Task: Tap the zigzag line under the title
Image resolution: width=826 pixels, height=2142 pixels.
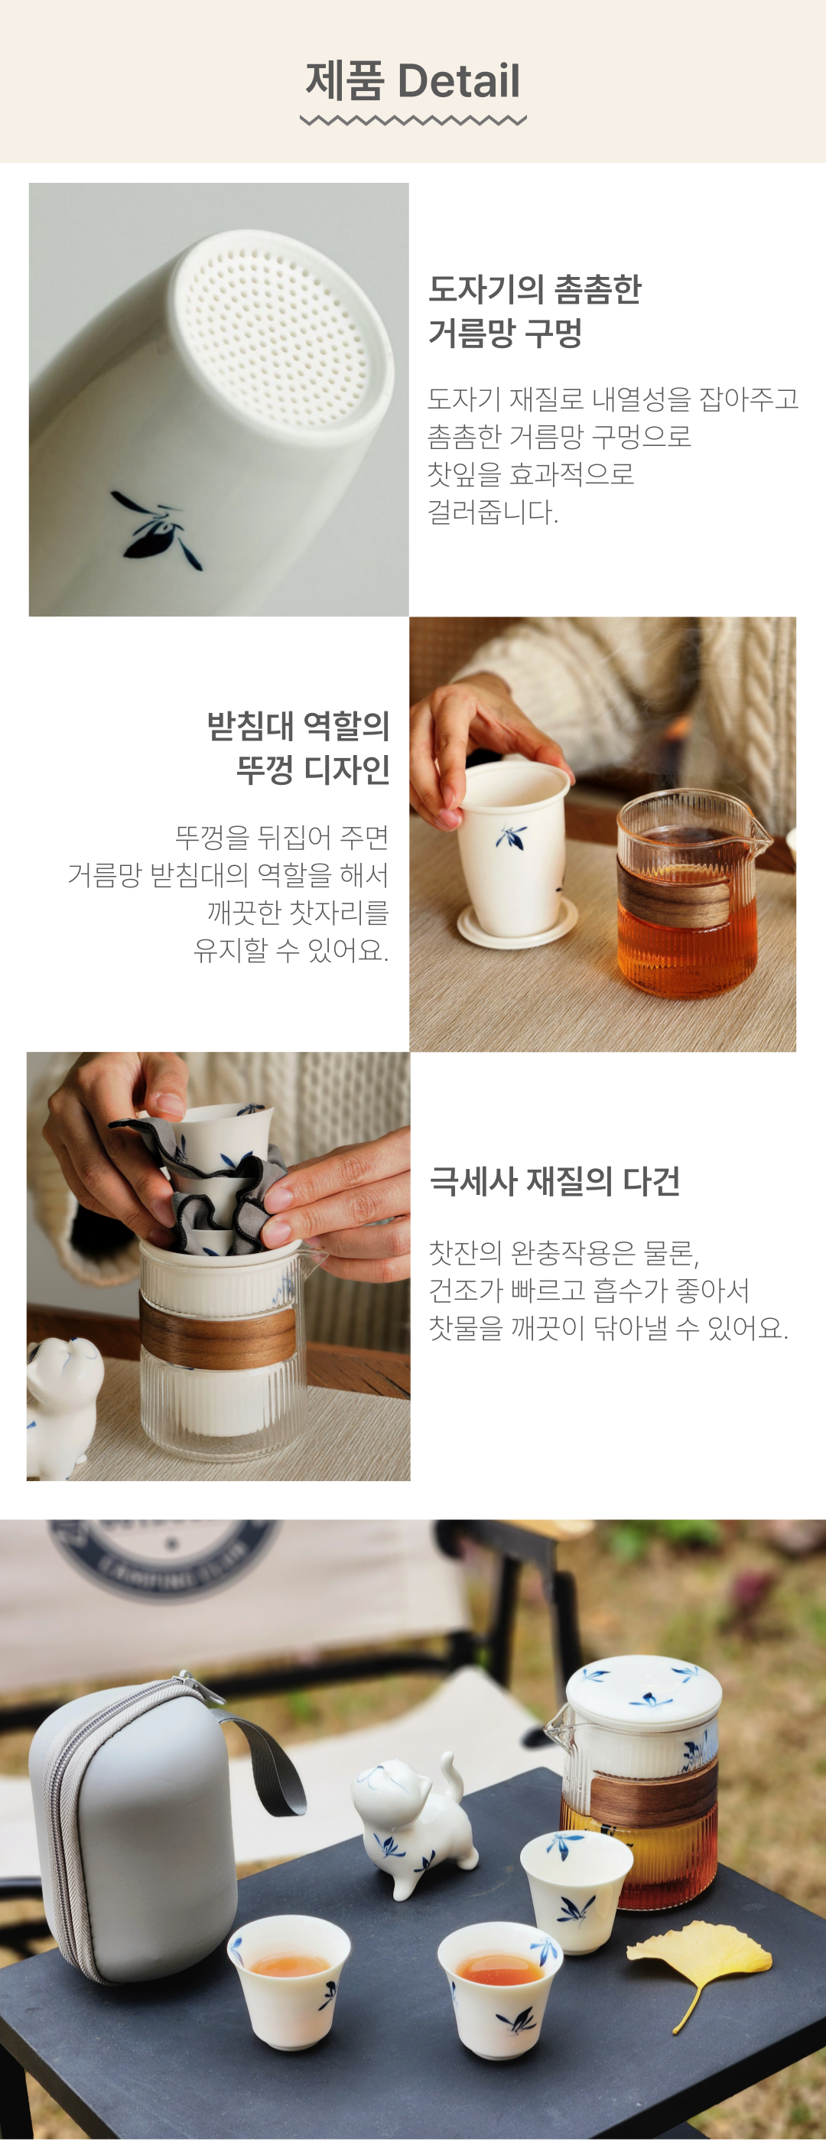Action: tap(413, 121)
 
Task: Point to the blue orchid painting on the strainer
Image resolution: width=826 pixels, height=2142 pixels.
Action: tap(157, 529)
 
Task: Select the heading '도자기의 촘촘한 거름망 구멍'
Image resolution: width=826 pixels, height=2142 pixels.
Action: tap(535, 310)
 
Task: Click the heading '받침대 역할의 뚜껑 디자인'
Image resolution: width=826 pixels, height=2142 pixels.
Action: tap(298, 747)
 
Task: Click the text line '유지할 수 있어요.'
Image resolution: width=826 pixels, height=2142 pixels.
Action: tap(291, 949)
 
